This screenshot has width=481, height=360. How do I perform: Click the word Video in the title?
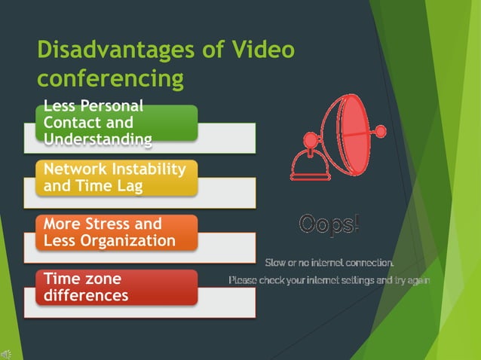click(262, 50)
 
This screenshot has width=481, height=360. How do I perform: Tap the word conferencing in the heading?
click(110, 78)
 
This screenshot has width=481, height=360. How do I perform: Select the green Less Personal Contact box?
click(116, 123)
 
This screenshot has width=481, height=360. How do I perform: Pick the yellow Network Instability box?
click(116, 177)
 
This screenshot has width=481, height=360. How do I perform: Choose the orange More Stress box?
click(116, 232)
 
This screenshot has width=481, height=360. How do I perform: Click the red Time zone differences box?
click(116, 287)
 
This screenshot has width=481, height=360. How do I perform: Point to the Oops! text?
click(329, 224)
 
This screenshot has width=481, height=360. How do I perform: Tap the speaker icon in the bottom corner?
click(6, 353)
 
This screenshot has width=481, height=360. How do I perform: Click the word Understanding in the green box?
click(97, 139)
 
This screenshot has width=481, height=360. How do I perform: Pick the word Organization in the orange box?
click(133, 241)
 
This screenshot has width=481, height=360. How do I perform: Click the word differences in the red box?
click(85, 295)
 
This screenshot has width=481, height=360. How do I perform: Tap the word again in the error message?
click(417, 281)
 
